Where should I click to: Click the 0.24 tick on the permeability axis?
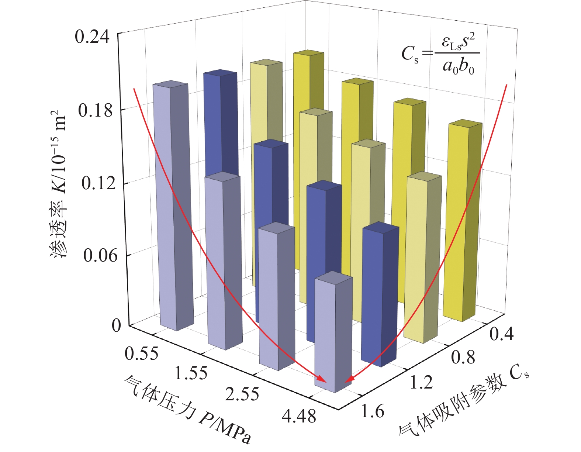point(92,37)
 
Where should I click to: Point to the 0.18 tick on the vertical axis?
point(95,110)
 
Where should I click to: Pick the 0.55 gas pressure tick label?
point(141,353)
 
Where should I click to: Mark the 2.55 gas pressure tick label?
point(242,394)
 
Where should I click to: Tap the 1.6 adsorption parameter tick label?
point(372,411)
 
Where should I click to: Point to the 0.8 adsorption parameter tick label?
point(463,357)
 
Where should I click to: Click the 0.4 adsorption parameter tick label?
point(501,334)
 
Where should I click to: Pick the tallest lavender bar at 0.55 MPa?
point(173,207)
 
